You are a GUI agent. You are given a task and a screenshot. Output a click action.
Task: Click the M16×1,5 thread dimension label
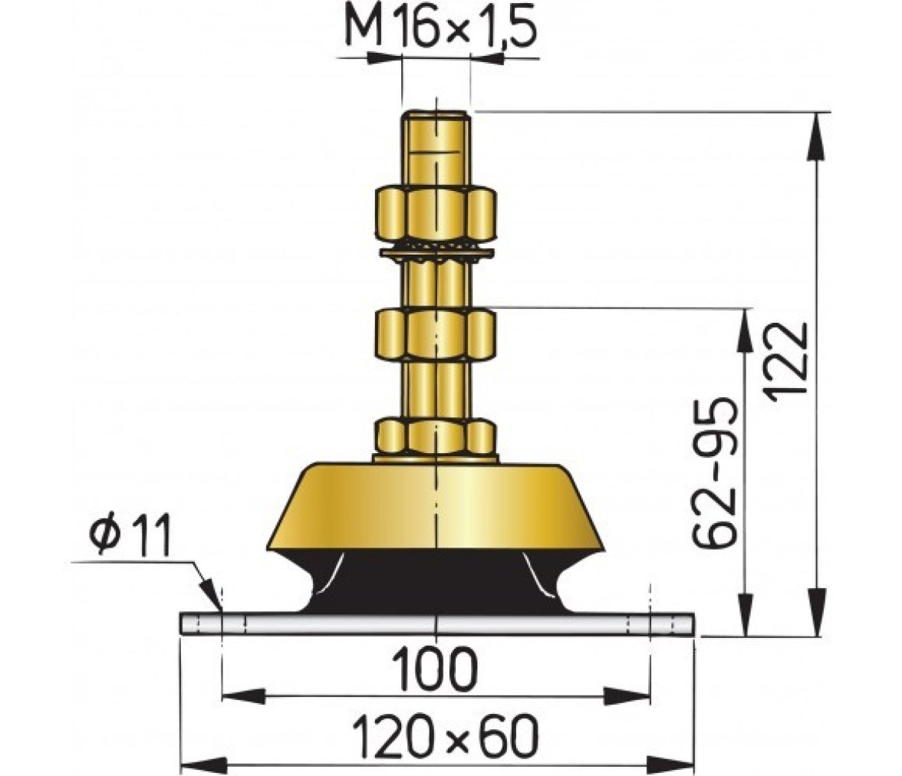(441, 29)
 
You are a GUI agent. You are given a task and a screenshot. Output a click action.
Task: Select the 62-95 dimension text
(714, 472)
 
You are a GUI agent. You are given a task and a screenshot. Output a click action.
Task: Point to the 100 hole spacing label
(434, 669)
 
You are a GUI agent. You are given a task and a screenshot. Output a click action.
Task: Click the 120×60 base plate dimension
(445, 736)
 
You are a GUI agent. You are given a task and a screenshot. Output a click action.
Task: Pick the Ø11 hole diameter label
(130, 535)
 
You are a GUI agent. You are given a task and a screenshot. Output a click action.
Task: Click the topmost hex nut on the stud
(436, 213)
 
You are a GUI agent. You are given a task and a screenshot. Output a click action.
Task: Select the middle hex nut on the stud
(436, 335)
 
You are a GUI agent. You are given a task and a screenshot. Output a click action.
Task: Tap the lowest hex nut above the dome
(436, 437)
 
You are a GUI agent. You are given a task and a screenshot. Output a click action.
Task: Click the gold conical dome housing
(436, 506)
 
